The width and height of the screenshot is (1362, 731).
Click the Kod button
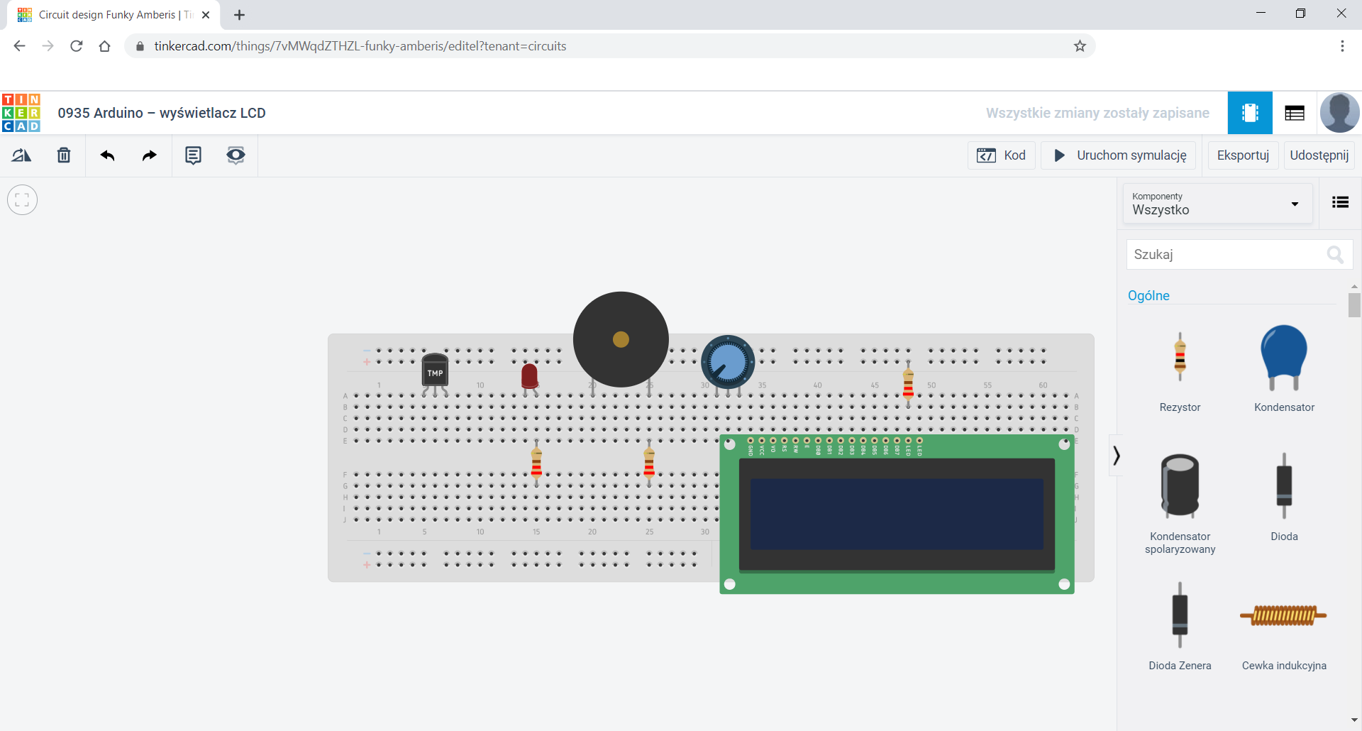[1001, 155]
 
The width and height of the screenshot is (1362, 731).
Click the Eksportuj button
[1243, 155]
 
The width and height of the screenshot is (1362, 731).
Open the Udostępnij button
[1319, 155]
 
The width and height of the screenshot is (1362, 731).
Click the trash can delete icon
[64, 155]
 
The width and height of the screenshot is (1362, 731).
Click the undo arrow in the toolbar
[107, 155]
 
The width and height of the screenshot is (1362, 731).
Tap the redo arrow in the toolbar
[149, 155]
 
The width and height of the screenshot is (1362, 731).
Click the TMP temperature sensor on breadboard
[435, 371]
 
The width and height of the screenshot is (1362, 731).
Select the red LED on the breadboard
[529, 375]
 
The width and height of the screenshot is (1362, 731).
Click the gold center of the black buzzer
[621, 339]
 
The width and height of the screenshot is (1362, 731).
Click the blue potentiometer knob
[728, 361]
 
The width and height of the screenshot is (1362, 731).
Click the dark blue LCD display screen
[896, 514]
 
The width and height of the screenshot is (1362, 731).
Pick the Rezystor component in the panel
[1180, 357]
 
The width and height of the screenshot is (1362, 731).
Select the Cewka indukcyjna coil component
[1283, 615]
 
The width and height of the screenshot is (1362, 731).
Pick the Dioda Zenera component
[1180, 615]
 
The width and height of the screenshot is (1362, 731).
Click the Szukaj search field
[1227, 254]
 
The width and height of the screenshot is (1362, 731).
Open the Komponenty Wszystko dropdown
[1217, 204]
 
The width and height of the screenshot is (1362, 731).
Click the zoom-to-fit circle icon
[22, 199]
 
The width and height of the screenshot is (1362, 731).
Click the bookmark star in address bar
[1080, 46]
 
